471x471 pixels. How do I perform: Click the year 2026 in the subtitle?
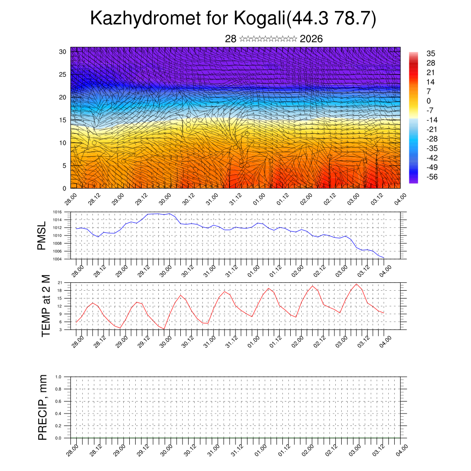coord(311,39)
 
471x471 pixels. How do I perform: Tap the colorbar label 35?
coord(431,53)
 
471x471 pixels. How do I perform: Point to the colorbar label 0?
coord(429,101)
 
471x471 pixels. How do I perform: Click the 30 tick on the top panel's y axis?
coord(63,52)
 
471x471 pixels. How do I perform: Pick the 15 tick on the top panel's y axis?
coord(63,120)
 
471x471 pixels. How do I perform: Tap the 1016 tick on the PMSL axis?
coord(57,212)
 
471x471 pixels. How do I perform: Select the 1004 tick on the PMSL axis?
coord(57,259)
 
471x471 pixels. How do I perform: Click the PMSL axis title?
coord(42,235)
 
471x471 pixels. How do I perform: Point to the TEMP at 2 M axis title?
coord(46,305)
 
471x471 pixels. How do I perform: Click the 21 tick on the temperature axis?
coord(60,282)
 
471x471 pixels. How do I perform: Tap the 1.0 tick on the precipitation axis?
coord(58,377)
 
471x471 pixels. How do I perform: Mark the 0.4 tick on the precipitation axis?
coord(58,414)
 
